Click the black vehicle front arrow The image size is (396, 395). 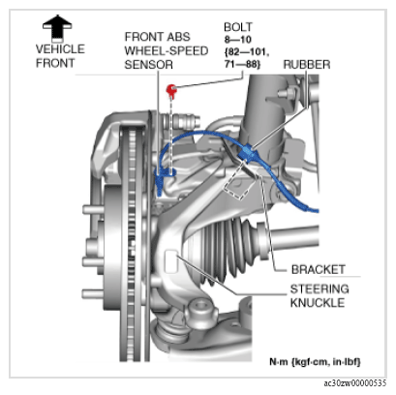pyautogui.click(x=57, y=29)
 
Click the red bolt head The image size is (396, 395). pyautogui.click(x=171, y=90)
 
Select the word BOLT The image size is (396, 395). pyautogui.click(x=238, y=27)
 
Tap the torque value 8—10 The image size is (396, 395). pyautogui.click(x=238, y=40)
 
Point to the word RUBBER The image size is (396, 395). pyautogui.click(x=307, y=65)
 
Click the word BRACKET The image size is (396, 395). pyautogui.click(x=319, y=269)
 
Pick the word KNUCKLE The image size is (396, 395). pyautogui.click(x=318, y=303)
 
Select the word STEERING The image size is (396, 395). pyautogui.click(x=320, y=289)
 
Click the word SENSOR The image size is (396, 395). pyautogui.click(x=149, y=65)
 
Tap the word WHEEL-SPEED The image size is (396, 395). pyautogui.click(x=167, y=51)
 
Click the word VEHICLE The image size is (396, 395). pyautogui.click(x=60, y=49)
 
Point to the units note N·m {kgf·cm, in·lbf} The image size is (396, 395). pyautogui.click(x=315, y=362)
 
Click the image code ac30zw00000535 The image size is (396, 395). pyautogui.click(x=355, y=383)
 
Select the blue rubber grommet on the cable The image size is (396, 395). pyautogui.click(x=247, y=152)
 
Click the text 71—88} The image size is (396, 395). pyautogui.click(x=242, y=64)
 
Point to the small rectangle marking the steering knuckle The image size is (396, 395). pyautogui.click(x=171, y=261)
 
